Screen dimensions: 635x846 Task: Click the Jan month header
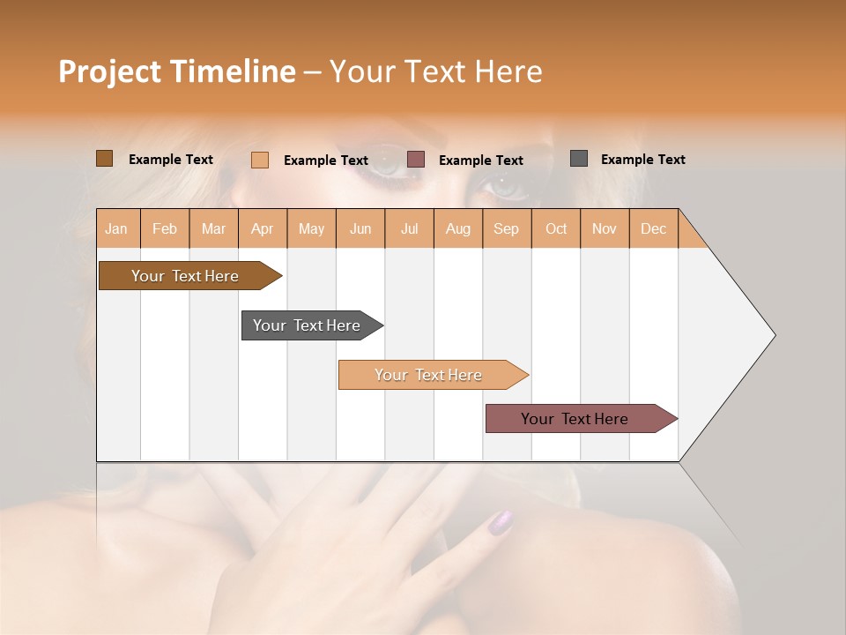point(116,228)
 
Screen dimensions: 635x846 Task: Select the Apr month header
point(262,228)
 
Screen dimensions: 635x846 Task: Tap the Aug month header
point(457,228)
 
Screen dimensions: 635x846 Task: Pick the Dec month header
point(653,228)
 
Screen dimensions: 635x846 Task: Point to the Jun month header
point(360,228)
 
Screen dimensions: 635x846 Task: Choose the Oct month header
point(556,228)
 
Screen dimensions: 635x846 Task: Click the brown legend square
point(104,159)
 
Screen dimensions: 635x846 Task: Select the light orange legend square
point(260,160)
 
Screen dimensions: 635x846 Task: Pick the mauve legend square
point(416,160)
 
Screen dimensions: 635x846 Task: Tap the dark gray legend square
point(579,159)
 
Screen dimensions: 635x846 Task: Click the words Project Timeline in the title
point(176,71)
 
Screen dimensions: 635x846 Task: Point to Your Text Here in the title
point(435,71)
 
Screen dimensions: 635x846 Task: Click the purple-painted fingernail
point(500,521)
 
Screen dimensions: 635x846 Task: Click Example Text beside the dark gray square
point(642,159)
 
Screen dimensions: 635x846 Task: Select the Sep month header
point(506,228)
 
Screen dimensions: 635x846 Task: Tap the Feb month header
point(165,228)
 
